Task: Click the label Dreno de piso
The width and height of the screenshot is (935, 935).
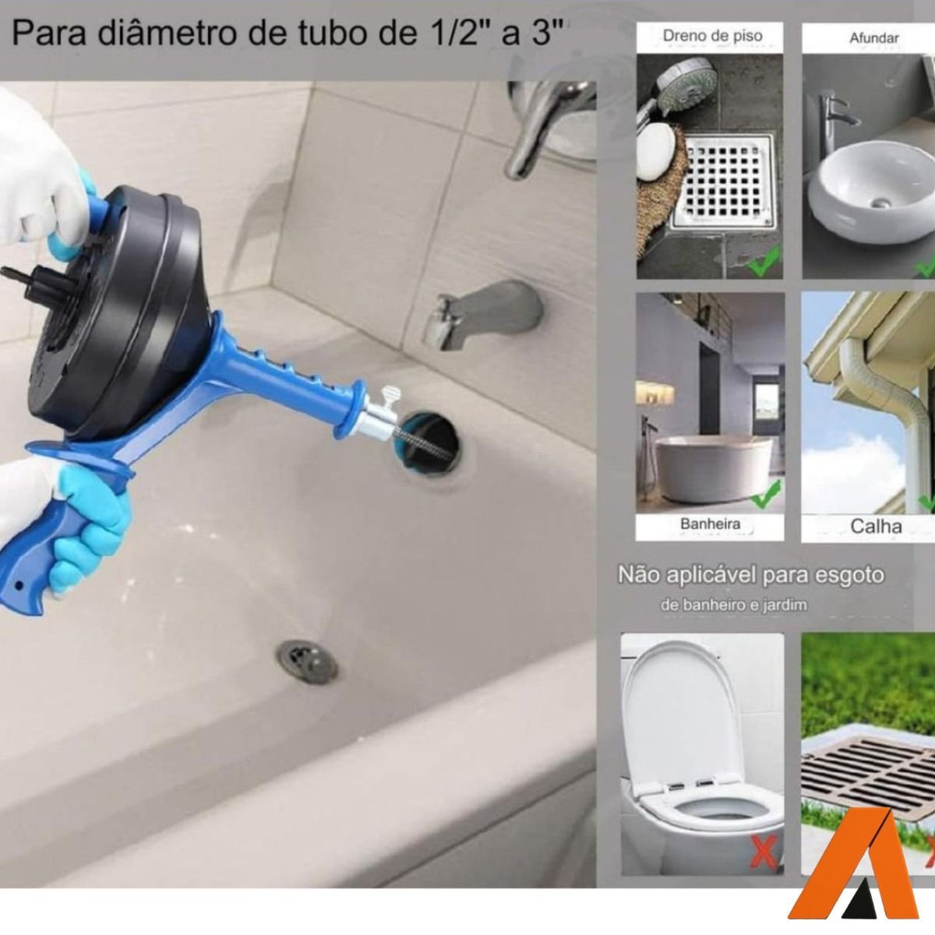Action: (x=711, y=36)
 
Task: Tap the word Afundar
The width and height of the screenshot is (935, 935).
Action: (x=875, y=37)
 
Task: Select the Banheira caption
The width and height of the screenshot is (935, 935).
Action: (x=710, y=524)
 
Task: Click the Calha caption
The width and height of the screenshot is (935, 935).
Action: (x=876, y=526)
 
